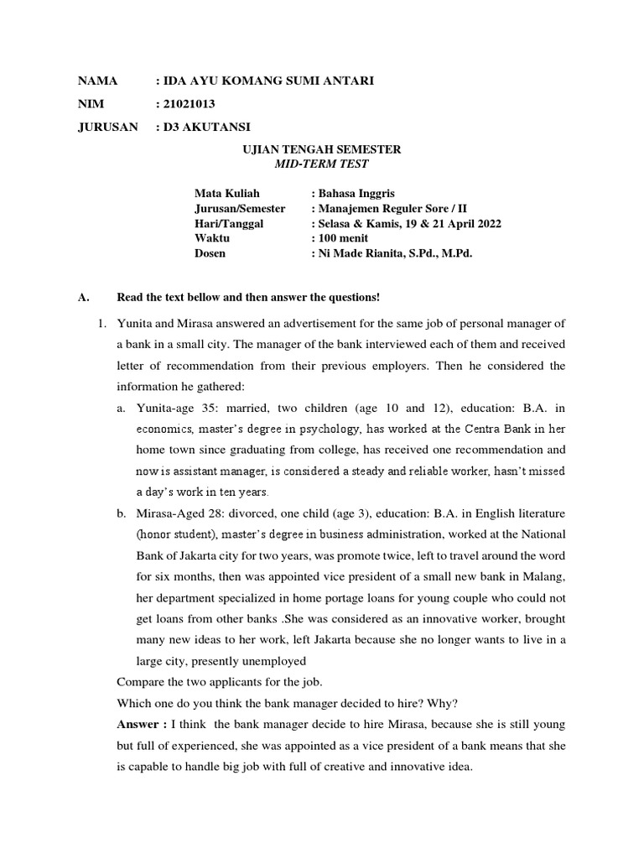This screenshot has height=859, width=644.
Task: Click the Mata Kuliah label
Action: tap(227, 194)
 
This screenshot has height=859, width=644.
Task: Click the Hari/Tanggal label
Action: tap(229, 223)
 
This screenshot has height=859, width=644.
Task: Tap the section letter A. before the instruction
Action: tap(82, 297)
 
